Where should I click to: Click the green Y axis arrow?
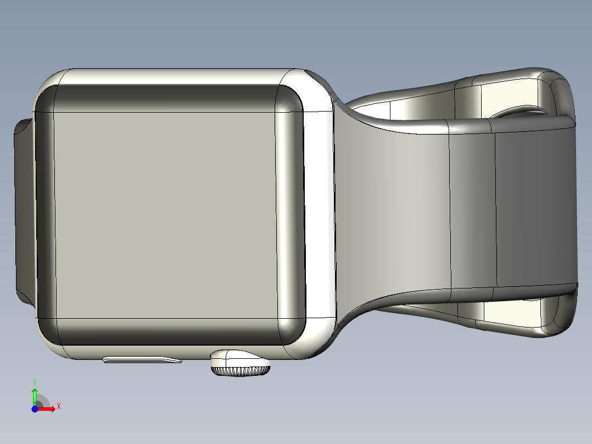click(35, 395)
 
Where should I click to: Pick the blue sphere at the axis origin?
click(35, 409)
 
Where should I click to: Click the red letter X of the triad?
click(58, 407)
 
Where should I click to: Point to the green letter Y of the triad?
click(35, 381)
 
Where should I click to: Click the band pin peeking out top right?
click(519, 112)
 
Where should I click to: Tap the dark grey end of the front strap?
click(535, 209)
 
